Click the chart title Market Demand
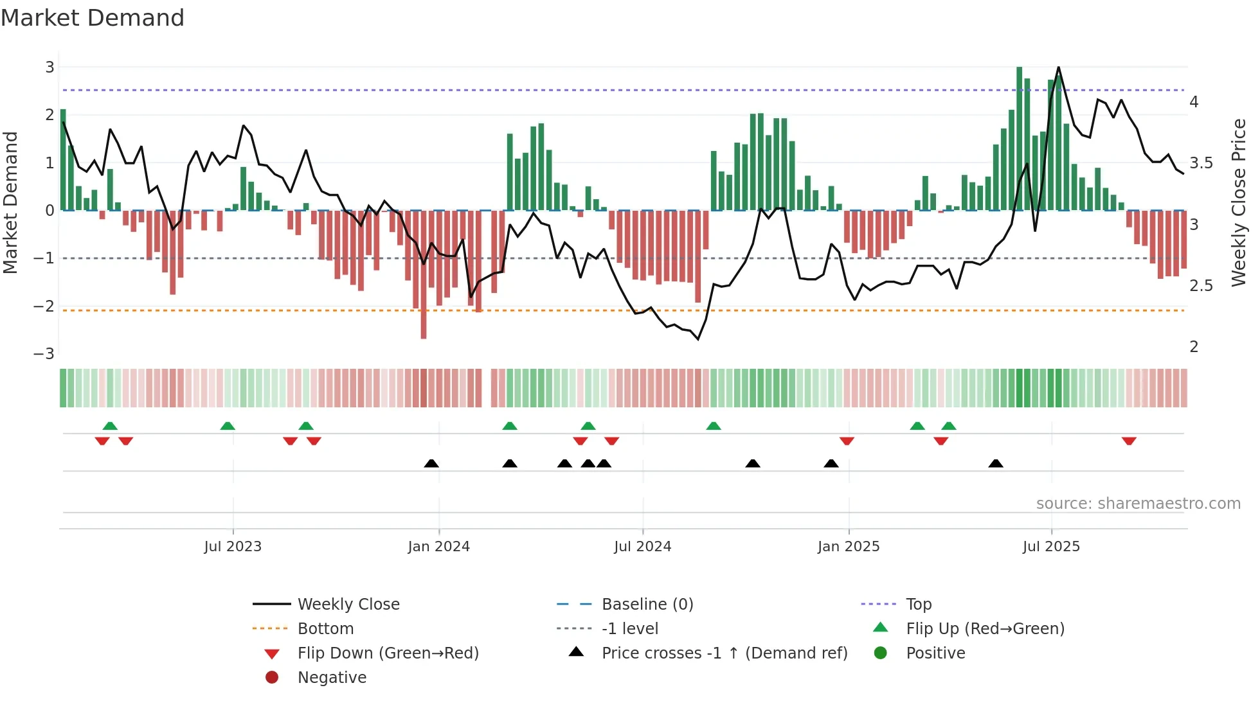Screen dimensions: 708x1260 [x=93, y=18]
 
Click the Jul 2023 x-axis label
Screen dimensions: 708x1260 [x=233, y=547]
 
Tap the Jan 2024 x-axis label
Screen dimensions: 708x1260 [x=439, y=547]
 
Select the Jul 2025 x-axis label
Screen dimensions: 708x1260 [x=1051, y=547]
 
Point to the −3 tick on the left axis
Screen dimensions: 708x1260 [x=44, y=354]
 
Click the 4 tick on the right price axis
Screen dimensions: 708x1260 [x=1194, y=102]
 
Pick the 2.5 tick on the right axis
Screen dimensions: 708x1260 [x=1200, y=286]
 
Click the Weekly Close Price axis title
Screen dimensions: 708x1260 [x=1238, y=202]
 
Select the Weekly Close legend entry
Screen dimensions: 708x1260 [x=348, y=605]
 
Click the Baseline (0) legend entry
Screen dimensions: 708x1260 [x=647, y=605]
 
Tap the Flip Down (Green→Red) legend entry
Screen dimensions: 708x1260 [x=388, y=653]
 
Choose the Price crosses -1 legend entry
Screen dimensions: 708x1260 [x=724, y=653]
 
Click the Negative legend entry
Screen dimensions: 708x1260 [x=332, y=678]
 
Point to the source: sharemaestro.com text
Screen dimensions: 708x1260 [x=1138, y=504]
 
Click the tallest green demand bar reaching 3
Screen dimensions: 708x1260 [x=1020, y=138]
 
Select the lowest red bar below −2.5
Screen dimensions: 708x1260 [x=424, y=276]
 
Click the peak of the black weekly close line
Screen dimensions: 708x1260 [x=1058, y=67]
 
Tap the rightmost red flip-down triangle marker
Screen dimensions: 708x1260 [x=1129, y=441]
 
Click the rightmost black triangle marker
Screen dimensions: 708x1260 [x=996, y=464]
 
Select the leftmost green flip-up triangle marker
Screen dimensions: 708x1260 [x=110, y=426]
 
